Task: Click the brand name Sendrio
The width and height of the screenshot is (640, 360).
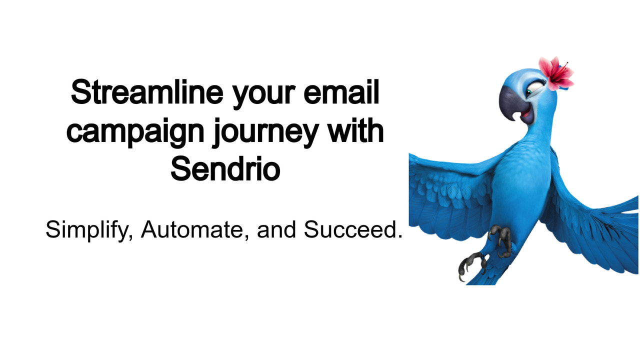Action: (x=225, y=168)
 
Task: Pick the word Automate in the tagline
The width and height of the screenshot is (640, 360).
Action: (x=193, y=229)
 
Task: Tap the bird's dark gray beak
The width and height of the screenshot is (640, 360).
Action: (x=511, y=100)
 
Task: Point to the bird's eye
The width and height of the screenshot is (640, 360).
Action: (x=533, y=90)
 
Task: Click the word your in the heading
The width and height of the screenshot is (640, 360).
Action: (x=256, y=95)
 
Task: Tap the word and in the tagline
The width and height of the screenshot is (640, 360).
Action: (x=277, y=229)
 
